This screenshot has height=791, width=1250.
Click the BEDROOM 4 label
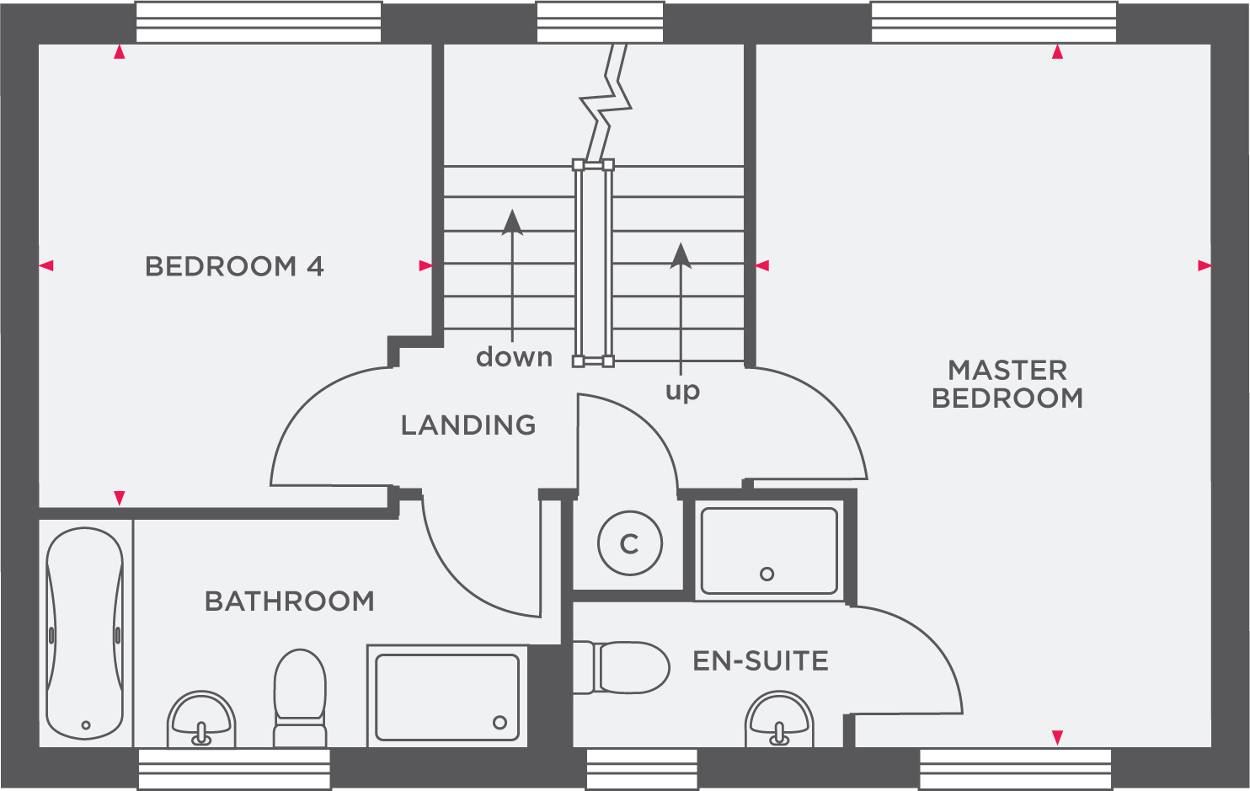(234, 267)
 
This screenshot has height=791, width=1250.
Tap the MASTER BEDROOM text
(1007, 384)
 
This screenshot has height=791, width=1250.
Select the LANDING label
(468, 425)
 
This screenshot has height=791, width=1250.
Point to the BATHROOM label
(290, 601)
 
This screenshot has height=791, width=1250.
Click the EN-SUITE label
(761, 661)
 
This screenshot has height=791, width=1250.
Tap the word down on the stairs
(514, 357)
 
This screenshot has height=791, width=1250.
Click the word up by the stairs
(682, 392)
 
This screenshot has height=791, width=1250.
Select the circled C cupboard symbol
(629, 544)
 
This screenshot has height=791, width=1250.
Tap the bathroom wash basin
(201, 719)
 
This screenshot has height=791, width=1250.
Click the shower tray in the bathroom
(447, 697)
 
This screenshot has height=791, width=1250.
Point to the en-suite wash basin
(780, 719)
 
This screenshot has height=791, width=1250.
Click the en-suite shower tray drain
(767, 575)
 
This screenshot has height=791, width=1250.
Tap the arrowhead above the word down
(512, 222)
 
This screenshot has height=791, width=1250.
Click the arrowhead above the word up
(681, 255)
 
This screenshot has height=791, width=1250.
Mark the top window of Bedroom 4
(259, 22)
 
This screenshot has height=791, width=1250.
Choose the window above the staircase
(600, 22)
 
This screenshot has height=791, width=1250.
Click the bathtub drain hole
(86, 724)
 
